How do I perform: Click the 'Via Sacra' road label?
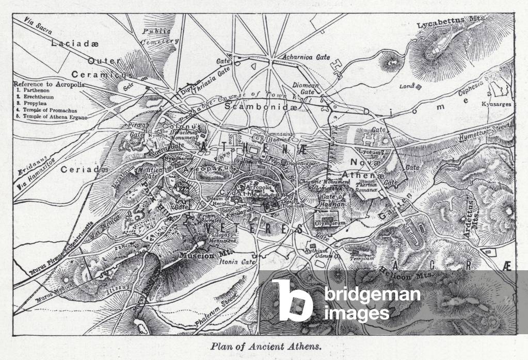pyautogui.click(x=39, y=28)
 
